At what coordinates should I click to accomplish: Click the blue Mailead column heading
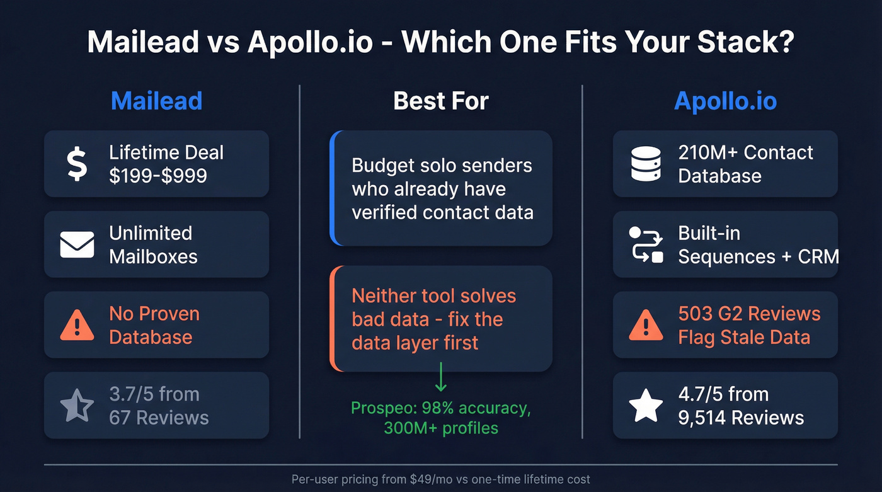point(156,101)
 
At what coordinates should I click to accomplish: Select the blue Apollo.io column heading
point(725,101)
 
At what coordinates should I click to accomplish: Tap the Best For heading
point(441,101)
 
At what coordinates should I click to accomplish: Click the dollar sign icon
point(77,164)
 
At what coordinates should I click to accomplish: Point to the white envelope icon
point(77,244)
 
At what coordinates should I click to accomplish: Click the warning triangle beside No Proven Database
point(77,325)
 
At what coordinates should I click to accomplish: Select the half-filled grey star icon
point(77,406)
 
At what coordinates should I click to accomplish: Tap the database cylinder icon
point(646,164)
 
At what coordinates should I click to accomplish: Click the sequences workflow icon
point(646,244)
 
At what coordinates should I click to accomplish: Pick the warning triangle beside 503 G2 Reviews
point(646,325)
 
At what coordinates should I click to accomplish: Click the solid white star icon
point(646,406)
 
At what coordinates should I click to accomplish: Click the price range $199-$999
point(157,175)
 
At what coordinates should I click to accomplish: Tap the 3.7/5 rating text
point(131,394)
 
